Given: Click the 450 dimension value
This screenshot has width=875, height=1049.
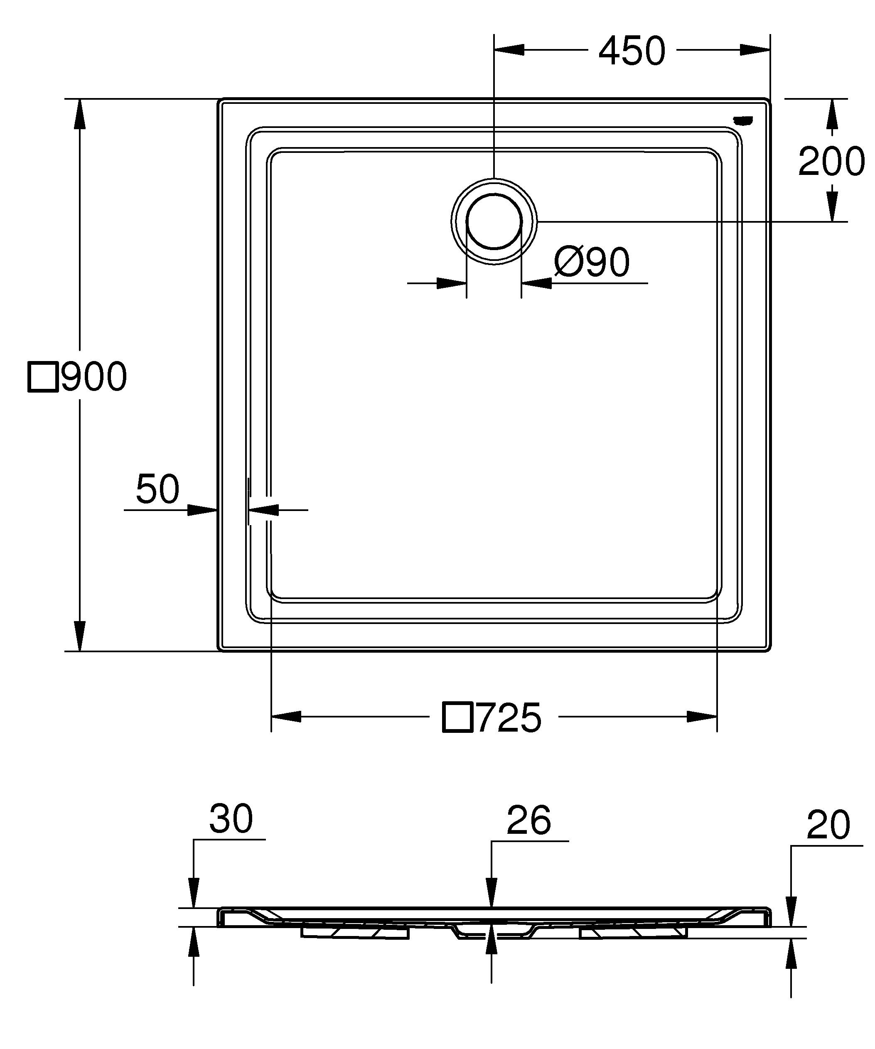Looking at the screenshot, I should pos(632,51).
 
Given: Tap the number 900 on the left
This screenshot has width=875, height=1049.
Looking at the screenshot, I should pos(94,377).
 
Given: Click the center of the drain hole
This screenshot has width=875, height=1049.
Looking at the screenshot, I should pos(494,221).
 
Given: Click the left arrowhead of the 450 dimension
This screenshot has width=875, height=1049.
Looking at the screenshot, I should pos(509,50).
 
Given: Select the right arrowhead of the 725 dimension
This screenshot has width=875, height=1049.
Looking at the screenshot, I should pos(702,716).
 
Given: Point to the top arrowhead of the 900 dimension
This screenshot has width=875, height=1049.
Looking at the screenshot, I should pos(79,114).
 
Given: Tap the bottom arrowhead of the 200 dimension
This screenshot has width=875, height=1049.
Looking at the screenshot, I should pos(832,206).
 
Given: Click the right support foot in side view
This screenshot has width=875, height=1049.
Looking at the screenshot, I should pos(633,932).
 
